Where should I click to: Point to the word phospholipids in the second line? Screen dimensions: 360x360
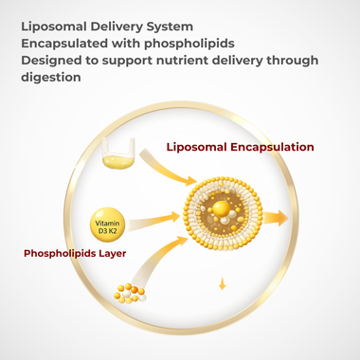[189, 44]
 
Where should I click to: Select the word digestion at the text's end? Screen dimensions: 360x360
[54, 80]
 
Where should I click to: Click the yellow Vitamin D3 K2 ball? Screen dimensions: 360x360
[107, 225]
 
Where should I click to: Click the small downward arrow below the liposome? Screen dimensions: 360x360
[222, 281]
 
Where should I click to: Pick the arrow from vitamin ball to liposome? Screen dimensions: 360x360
[156, 223]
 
